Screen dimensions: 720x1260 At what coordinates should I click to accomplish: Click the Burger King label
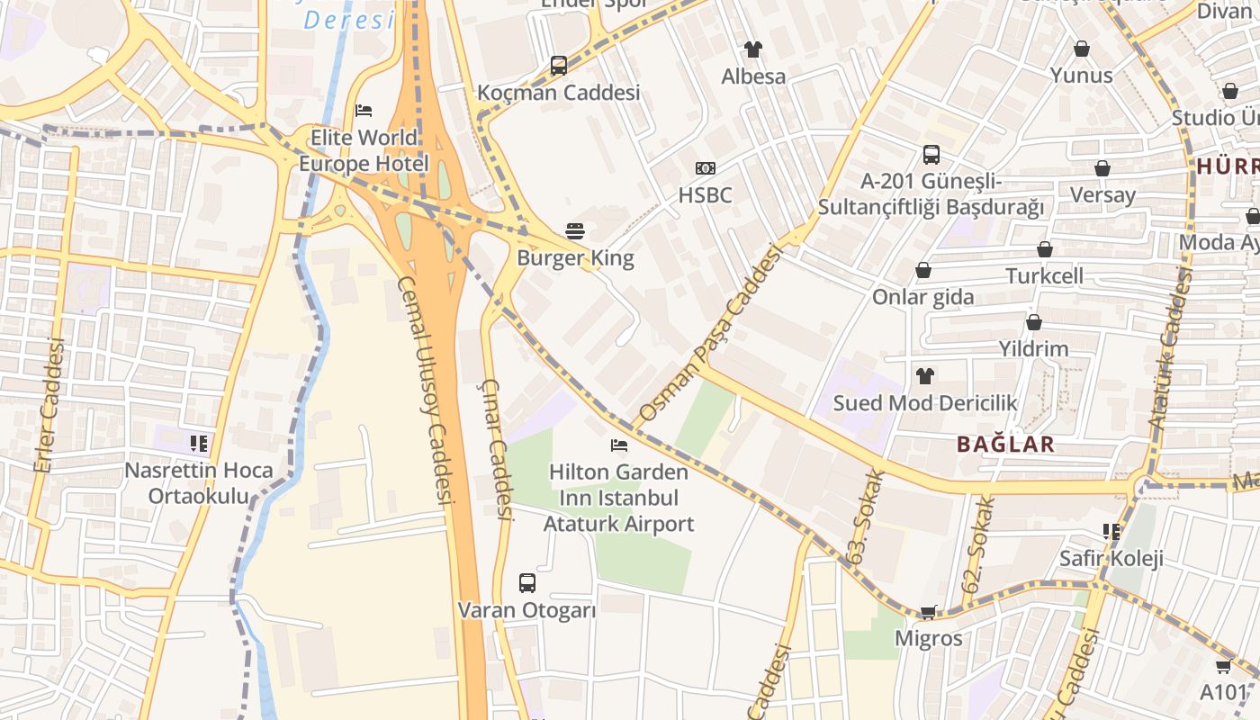point(575,258)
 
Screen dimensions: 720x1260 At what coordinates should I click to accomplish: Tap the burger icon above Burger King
point(575,231)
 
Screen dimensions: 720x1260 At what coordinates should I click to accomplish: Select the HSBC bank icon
point(706,168)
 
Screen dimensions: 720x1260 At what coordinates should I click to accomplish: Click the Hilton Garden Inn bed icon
point(618,445)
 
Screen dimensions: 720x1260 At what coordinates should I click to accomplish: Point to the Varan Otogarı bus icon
point(527,582)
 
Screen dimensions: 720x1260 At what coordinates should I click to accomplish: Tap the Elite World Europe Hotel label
point(364,150)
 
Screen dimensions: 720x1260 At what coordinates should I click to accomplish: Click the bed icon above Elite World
point(364,110)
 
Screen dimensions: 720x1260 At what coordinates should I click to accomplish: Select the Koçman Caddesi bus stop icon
point(559,65)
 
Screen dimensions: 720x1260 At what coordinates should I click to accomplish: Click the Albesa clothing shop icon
point(753,49)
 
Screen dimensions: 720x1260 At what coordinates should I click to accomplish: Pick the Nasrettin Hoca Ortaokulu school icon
point(199,443)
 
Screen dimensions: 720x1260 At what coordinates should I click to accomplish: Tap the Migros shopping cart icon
point(928,612)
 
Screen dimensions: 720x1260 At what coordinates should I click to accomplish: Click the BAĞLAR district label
point(1005,444)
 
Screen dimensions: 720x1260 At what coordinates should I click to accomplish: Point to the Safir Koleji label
point(1111,558)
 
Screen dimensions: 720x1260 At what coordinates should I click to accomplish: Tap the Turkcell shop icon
point(1045,249)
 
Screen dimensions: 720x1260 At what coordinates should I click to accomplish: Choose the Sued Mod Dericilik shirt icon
point(924,375)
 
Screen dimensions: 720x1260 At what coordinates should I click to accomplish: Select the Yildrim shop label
point(1033,348)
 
